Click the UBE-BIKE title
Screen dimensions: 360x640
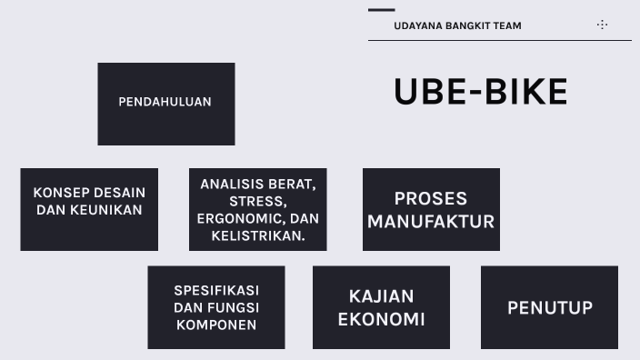pyautogui.click(x=480, y=92)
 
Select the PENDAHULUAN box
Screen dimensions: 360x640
pyautogui.click(x=165, y=103)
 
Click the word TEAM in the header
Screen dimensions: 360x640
pyautogui.click(x=507, y=25)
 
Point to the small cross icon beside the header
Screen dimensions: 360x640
pyautogui.click(x=602, y=25)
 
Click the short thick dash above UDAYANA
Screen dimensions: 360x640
pyautogui.click(x=381, y=10)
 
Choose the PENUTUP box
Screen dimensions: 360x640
pyautogui.click(x=549, y=307)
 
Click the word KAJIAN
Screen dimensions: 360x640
pyautogui.click(x=381, y=295)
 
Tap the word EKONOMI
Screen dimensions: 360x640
pyautogui.click(x=381, y=319)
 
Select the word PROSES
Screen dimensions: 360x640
pyautogui.click(x=430, y=198)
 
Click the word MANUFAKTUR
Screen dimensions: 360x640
pyautogui.click(x=430, y=221)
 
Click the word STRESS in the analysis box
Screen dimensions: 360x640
pyautogui.click(x=257, y=201)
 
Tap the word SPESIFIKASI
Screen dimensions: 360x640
pyautogui.click(x=216, y=290)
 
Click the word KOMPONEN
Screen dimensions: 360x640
pyautogui.click(x=216, y=325)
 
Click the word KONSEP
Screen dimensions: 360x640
pyautogui.click(x=61, y=193)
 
